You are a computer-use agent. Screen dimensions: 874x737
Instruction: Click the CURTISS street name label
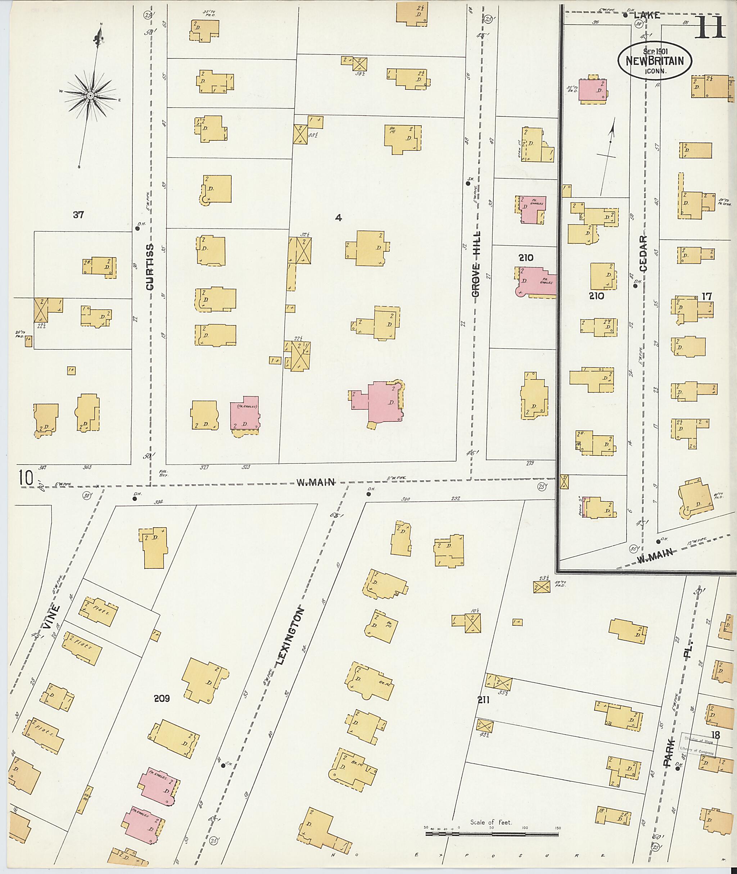pos(150,267)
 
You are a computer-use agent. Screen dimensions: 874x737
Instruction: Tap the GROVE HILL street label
pos(475,264)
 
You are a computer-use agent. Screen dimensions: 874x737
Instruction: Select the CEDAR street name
pos(643,254)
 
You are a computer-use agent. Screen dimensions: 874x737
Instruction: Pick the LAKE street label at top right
pos(647,15)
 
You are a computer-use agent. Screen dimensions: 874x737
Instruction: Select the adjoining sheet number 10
pos(26,478)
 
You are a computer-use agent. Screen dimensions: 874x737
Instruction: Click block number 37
pos(78,215)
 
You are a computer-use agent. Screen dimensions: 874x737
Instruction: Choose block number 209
pos(161,698)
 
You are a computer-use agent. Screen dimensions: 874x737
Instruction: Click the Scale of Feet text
pos(491,822)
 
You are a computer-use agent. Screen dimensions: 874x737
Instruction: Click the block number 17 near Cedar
pos(706,296)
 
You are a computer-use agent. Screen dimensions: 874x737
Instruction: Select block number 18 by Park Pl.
pos(715,735)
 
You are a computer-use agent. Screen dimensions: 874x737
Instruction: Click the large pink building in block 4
pos(382,403)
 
